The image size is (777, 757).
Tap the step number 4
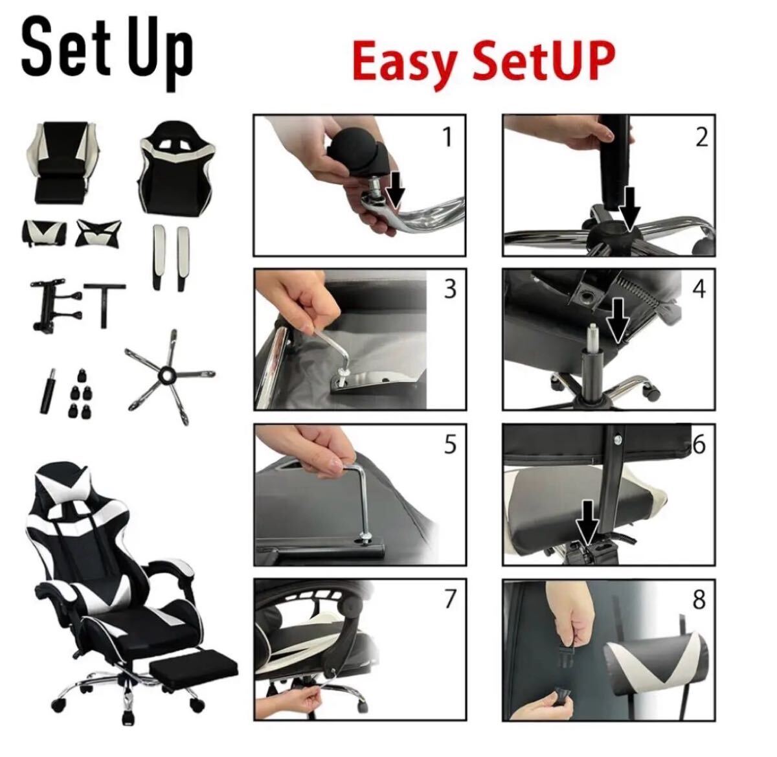[x=699, y=289]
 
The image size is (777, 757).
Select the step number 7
[x=450, y=599]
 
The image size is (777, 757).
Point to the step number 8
[x=699, y=599]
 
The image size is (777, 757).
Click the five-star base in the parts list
[x=170, y=376]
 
